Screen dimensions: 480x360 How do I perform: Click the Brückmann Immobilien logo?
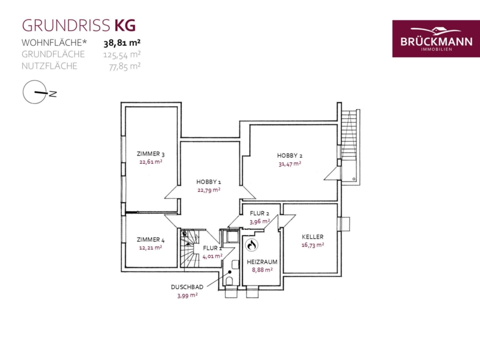[x=436, y=38]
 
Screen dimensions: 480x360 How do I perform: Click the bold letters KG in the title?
[x=125, y=26]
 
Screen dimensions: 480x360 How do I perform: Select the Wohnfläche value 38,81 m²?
[x=122, y=43]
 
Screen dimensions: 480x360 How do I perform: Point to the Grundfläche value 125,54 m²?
[x=122, y=54]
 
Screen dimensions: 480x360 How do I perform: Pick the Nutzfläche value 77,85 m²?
[x=125, y=66]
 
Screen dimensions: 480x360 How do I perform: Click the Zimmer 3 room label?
[x=150, y=154]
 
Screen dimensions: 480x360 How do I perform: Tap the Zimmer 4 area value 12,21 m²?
[x=150, y=247]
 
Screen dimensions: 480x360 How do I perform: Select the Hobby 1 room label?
[x=209, y=182]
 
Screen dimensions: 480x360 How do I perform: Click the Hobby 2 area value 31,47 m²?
[x=290, y=164]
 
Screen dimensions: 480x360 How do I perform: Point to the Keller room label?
[x=313, y=237]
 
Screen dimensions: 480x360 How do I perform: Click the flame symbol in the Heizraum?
[x=252, y=245]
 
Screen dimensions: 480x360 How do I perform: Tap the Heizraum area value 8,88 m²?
[x=262, y=270]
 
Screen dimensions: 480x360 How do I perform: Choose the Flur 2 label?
[x=260, y=213]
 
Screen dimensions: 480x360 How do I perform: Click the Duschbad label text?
[x=187, y=287]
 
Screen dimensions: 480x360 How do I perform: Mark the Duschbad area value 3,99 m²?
[x=187, y=295]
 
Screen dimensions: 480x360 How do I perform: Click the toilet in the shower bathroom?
[x=229, y=282]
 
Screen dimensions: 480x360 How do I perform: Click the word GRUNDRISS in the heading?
[x=66, y=26]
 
